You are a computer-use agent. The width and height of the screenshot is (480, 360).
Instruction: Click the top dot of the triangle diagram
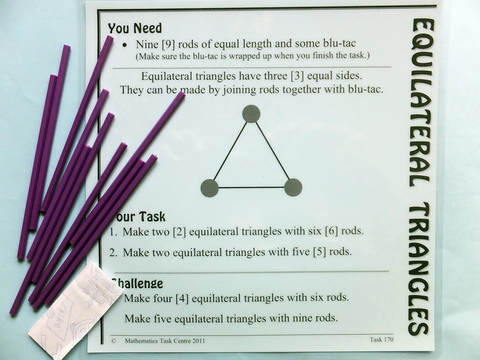tap(251, 114)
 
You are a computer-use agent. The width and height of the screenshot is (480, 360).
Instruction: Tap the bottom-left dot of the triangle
tap(209, 187)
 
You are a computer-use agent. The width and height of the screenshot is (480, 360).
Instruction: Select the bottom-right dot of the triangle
tap(293, 187)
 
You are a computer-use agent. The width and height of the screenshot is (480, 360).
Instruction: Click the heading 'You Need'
tap(136, 28)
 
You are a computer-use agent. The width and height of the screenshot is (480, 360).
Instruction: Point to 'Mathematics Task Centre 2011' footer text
tap(165, 342)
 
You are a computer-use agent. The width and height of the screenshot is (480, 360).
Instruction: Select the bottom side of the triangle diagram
tap(251, 187)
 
